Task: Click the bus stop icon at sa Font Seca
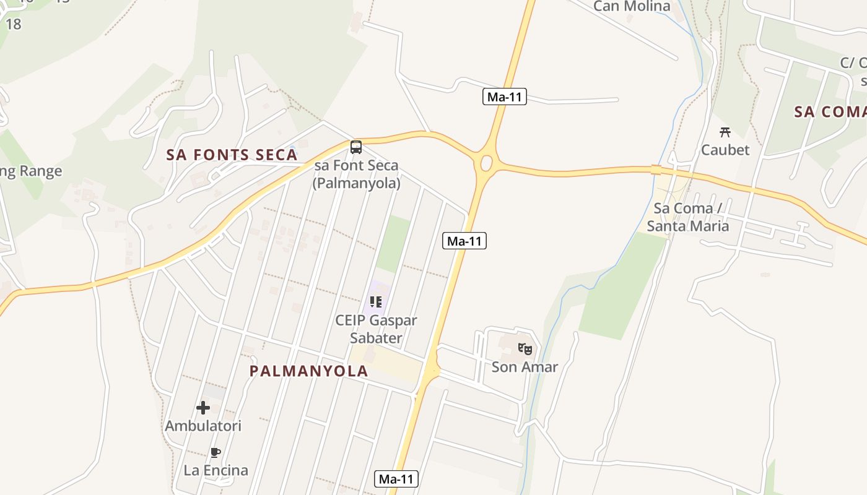pyautogui.click(x=356, y=147)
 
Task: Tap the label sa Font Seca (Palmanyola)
pyautogui.click(x=356, y=174)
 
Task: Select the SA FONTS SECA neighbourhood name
pyautogui.click(x=232, y=155)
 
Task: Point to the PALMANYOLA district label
pyautogui.click(x=308, y=371)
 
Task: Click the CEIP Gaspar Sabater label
pyautogui.click(x=376, y=329)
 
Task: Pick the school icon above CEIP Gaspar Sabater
pyautogui.click(x=376, y=302)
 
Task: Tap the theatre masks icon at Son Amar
pyautogui.click(x=525, y=349)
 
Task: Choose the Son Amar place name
pyautogui.click(x=525, y=367)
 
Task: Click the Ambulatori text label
pyautogui.click(x=203, y=426)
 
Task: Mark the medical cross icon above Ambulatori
pyautogui.click(x=203, y=408)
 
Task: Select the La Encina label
pyautogui.click(x=216, y=470)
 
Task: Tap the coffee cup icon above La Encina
pyautogui.click(x=215, y=452)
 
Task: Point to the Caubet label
pyautogui.click(x=725, y=150)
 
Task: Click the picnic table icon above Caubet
pyautogui.click(x=725, y=132)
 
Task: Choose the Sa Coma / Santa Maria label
pyautogui.click(x=687, y=217)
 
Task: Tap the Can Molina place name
pyautogui.click(x=632, y=7)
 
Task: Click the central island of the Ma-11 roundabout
pyautogui.click(x=486, y=163)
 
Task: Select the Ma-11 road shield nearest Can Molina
pyautogui.click(x=505, y=97)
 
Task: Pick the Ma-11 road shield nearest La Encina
pyautogui.click(x=396, y=479)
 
